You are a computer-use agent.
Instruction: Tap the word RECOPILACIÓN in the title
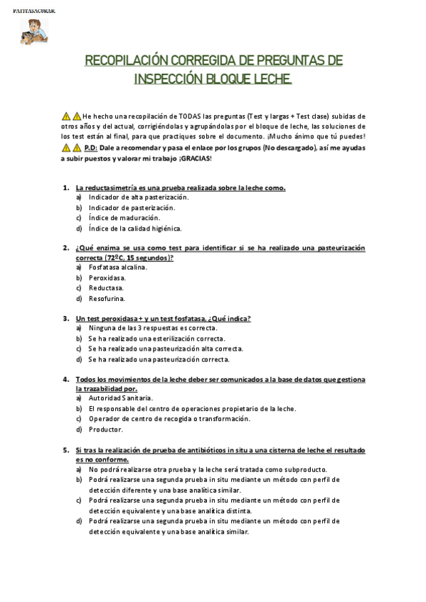pos(116,61)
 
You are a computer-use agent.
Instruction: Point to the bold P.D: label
pos(90,148)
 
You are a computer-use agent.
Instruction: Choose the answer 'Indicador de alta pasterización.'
pos(134,197)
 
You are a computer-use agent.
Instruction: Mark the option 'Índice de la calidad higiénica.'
pos(135,229)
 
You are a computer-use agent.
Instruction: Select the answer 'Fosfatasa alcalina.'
pos(117,268)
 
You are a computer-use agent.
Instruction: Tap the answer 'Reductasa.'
pos(106,288)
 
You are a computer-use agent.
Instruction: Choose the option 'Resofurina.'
pos(107,299)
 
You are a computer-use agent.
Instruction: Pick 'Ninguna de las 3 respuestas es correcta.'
pos(153,328)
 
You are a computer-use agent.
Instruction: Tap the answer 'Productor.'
pos(106,429)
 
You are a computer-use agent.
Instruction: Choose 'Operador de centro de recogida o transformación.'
pos(169,419)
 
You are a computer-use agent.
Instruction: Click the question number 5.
pos(65,450)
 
